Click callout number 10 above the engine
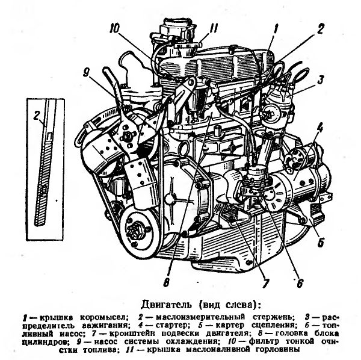[x=114, y=29]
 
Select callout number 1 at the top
[x=276, y=29]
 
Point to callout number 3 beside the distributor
[x=320, y=79]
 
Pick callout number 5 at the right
[x=321, y=242]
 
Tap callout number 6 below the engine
[x=300, y=284]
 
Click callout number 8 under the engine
[x=167, y=282]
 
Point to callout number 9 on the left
[x=86, y=73]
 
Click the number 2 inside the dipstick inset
[x=37, y=116]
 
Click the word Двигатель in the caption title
[x=166, y=304]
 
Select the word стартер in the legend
[x=172, y=325]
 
